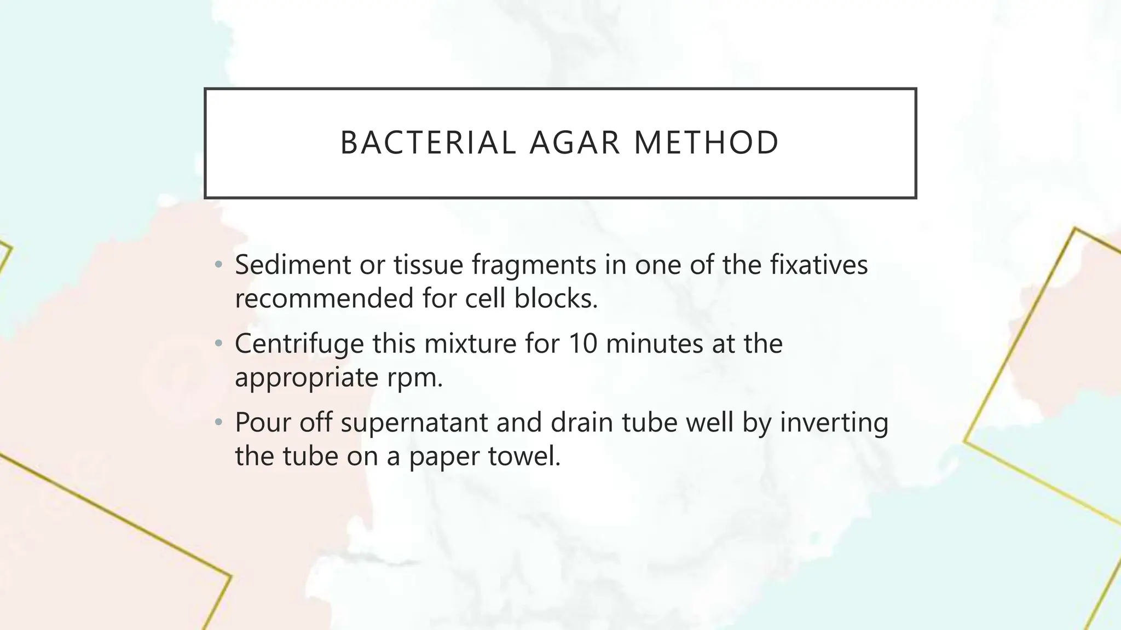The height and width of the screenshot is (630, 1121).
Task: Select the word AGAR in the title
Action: pyautogui.click(x=575, y=143)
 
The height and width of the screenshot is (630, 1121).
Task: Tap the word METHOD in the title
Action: pyautogui.click(x=706, y=143)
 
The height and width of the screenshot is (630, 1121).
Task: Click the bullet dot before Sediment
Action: pyautogui.click(x=219, y=265)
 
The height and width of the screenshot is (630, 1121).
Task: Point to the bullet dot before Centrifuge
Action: pyautogui.click(x=219, y=344)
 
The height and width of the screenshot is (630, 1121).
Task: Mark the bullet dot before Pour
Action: pyautogui.click(x=219, y=423)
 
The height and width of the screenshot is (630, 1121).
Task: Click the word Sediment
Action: pyautogui.click(x=293, y=265)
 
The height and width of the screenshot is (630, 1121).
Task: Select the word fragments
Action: pyautogui.click(x=534, y=266)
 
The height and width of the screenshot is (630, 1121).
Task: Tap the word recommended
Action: pyautogui.click(x=324, y=299)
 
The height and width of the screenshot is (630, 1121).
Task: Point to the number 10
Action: pyautogui.click(x=582, y=344)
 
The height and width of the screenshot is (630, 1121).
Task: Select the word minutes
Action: pyautogui.click(x=654, y=344)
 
